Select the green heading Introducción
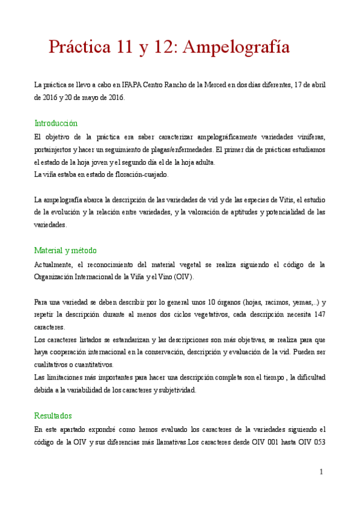tap(56, 123)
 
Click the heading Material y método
tap(66, 250)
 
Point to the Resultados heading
tap(53, 416)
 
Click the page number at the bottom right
tap(322, 472)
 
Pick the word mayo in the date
tap(92, 97)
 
